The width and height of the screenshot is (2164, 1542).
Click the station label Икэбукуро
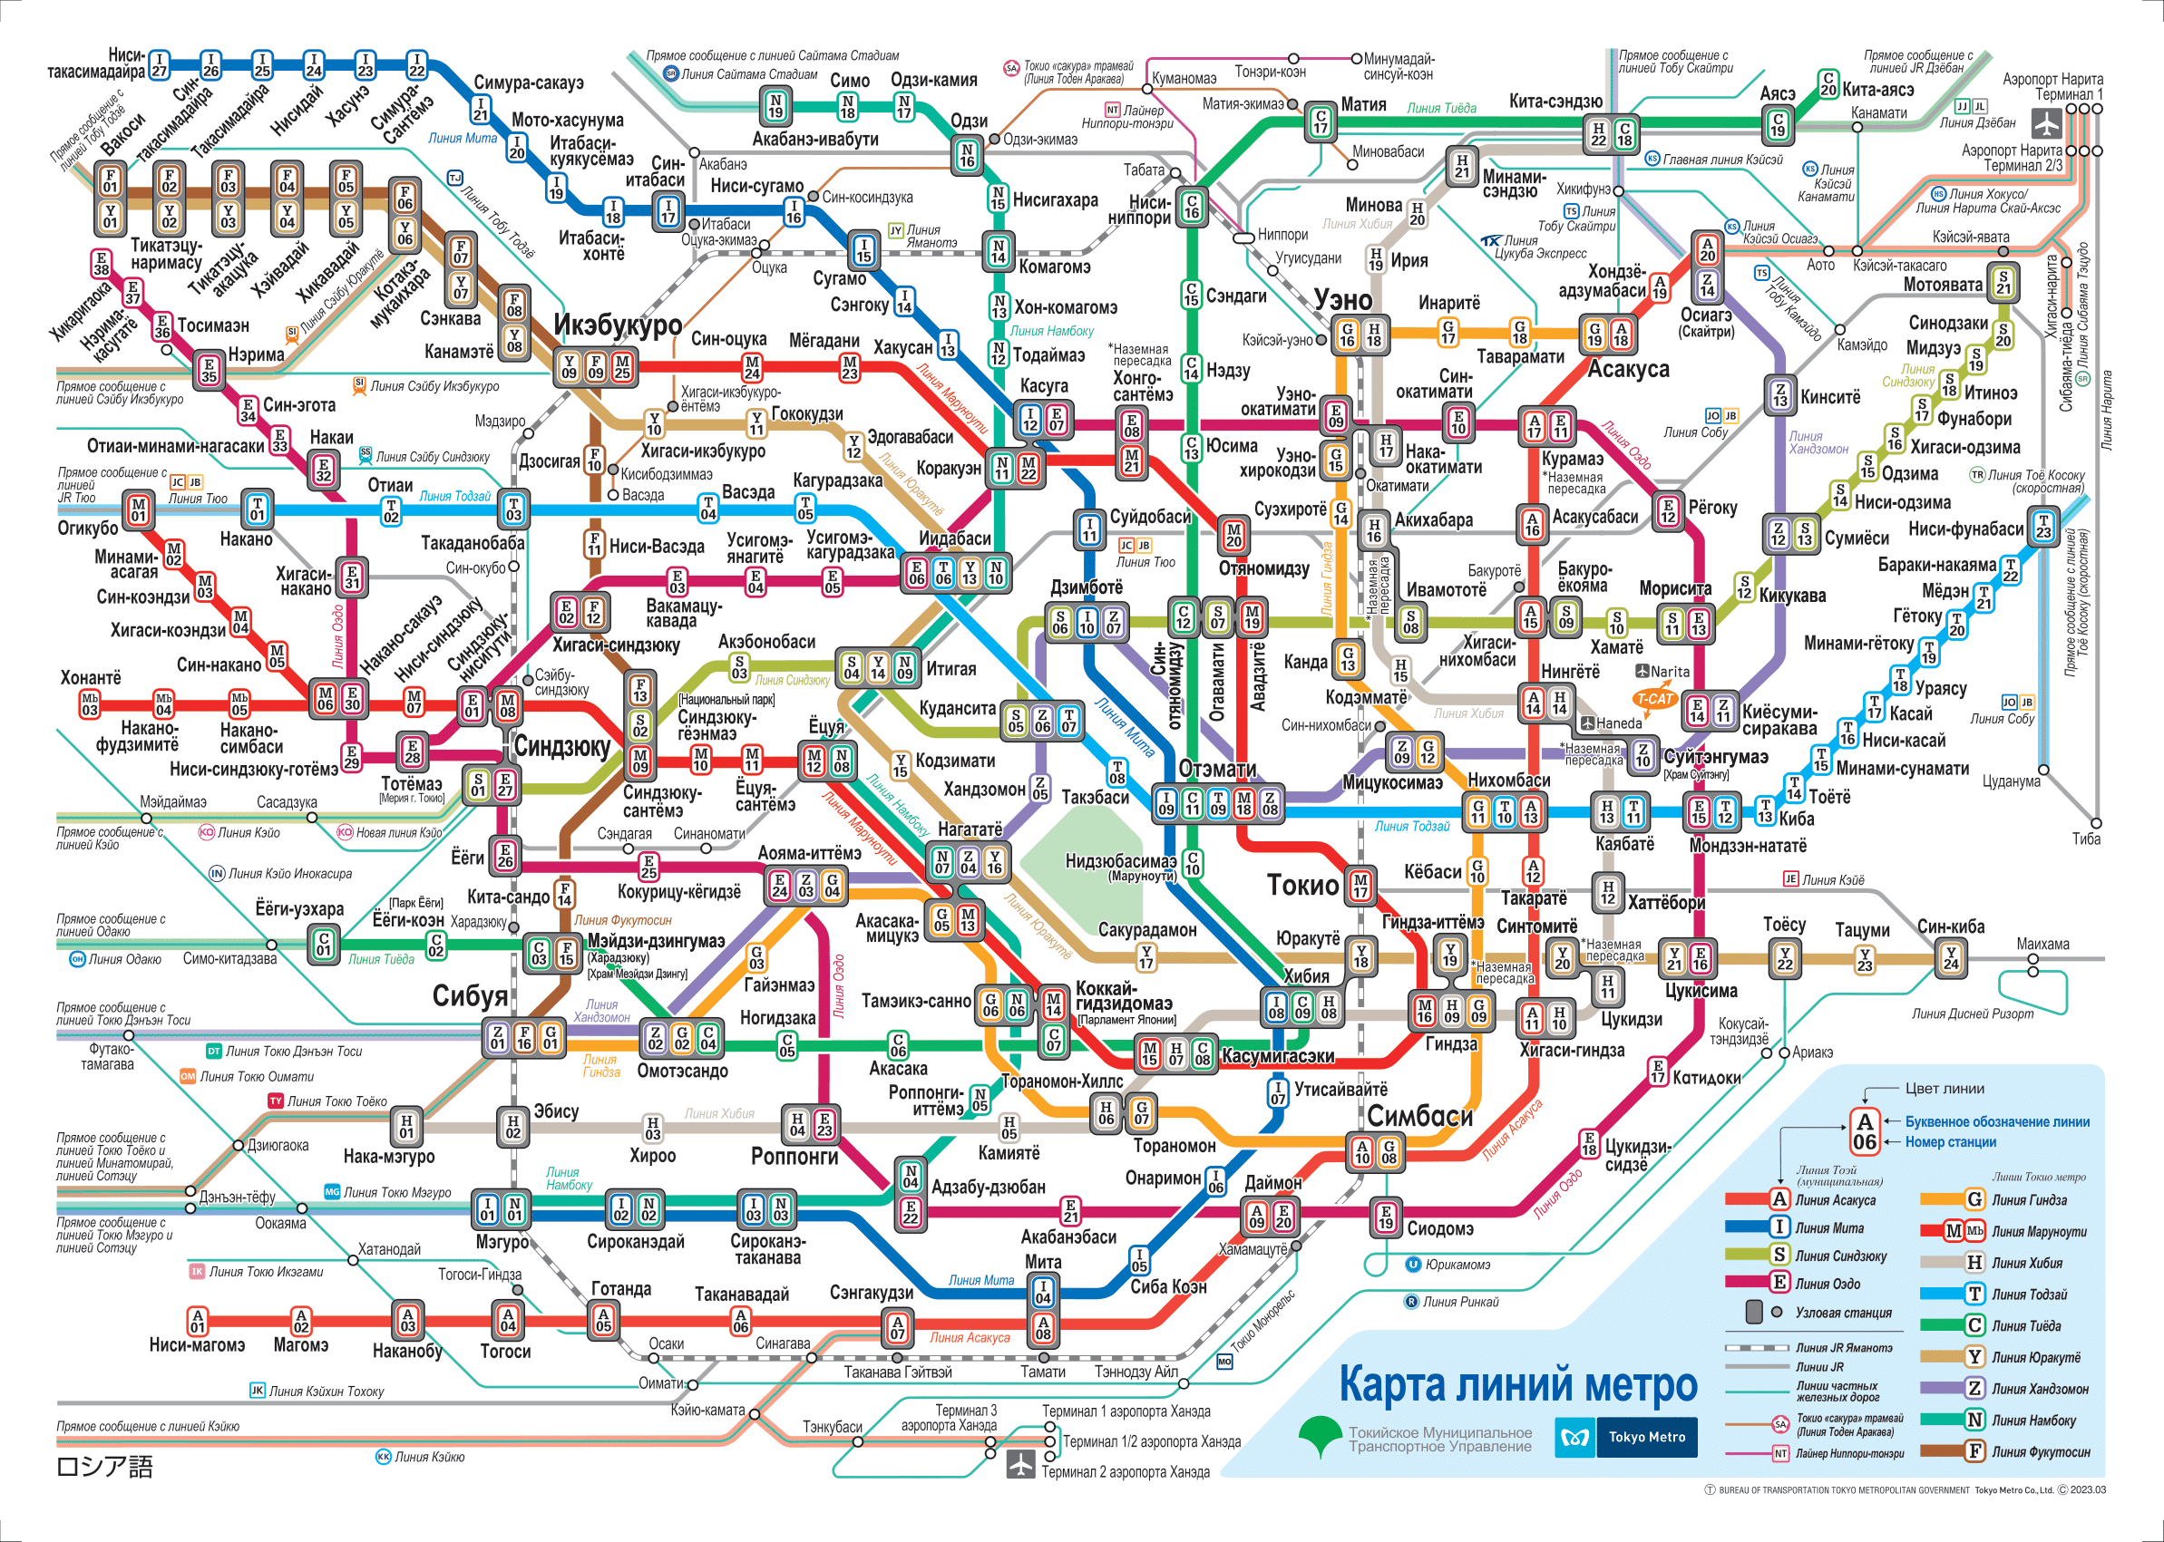pyautogui.click(x=618, y=325)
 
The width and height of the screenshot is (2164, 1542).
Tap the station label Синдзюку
pyautogui.click(x=561, y=747)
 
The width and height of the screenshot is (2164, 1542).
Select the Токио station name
pyautogui.click(x=1302, y=885)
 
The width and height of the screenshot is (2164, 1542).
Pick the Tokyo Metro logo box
pyautogui.click(x=1625, y=1437)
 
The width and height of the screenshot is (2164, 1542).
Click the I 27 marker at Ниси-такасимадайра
pyautogui.click(x=159, y=64)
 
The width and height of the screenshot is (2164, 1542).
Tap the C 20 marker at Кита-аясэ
pyautogui.click(x=1827, y=83)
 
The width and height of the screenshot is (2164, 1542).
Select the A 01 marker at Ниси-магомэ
pyautogui.click(x=197, y=1321)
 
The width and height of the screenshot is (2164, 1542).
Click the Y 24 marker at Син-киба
pyautogui.click(x=1950, y=958)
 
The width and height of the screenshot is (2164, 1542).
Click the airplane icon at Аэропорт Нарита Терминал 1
pyautogui.click(x=2047, y=123)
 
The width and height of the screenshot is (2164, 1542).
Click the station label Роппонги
pyautogui.click(x=794, y=1156)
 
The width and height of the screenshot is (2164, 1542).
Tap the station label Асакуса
pyautogui.click(x=1628, y=369)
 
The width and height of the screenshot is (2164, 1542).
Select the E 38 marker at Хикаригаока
pyautogui.click(x=101, y=263)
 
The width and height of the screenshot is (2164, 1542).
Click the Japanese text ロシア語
pyautogui.click(x=104, y=1467)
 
